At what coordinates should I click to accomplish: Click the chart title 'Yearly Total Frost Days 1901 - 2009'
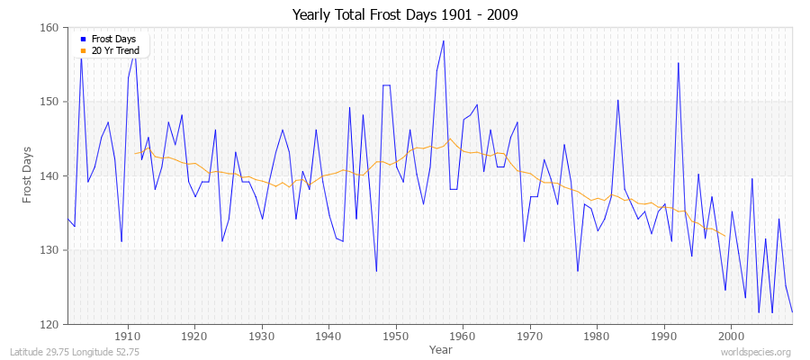pos(405,15)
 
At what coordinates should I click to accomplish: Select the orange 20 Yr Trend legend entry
pos(112,51)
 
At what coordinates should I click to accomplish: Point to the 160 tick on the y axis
pos(49,28)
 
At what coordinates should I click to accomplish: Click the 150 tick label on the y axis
pos(49,102)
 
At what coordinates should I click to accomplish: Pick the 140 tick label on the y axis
pos(49,175)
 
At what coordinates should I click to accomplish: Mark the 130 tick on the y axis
pos(49,250)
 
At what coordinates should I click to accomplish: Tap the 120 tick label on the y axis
pos(49,324)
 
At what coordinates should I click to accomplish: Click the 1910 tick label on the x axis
pos(127,337)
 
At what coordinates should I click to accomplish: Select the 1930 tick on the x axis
pos(261,337)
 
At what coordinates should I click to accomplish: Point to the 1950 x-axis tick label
pos(395,337)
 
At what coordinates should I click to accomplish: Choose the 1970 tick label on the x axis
pos(529,337)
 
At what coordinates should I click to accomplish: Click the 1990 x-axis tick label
pos(663,337)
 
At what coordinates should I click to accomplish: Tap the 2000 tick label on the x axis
pos(731,337)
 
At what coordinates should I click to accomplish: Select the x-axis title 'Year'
pos(441,348)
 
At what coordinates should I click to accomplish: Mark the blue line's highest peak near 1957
pos(443,41)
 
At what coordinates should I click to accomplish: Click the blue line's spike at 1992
pos(678,63)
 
